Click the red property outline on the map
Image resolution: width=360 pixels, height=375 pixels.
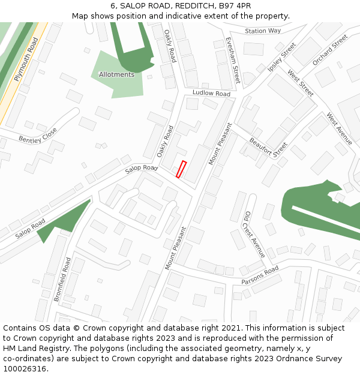181,169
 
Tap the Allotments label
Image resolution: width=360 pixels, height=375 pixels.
116,74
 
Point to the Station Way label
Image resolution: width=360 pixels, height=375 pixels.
263,31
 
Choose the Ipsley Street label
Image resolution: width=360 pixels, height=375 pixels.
282,58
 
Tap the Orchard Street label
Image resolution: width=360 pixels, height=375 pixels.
330,49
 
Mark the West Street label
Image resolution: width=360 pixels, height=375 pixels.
301,83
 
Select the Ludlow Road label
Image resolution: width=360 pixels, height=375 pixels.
212,94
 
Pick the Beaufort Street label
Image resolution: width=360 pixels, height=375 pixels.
268,148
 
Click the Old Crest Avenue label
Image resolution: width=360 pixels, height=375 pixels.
254,235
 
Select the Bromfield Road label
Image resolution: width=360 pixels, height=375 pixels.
62,279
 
